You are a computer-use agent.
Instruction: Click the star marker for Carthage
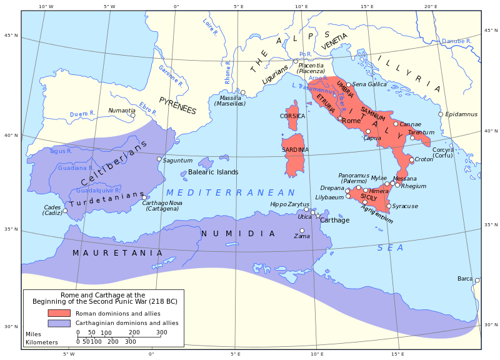click(318, 216)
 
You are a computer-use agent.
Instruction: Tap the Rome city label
click(352, 121)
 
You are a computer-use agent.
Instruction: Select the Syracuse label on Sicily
click(405, 206)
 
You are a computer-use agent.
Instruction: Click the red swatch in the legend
click(59, 312)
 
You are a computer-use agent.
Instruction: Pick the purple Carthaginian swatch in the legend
click(59, 323)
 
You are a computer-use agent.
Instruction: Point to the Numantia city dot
click(132, 115)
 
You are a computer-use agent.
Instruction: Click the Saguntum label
click(177, 161)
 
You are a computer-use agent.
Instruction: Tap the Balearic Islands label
click(213, 172)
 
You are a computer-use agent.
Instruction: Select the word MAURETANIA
click(117, 253)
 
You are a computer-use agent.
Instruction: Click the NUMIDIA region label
click(237, 234)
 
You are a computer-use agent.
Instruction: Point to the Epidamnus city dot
click(441, 114)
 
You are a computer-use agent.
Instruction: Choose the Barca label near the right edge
click(465, 279)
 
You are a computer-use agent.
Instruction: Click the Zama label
click(302, 236)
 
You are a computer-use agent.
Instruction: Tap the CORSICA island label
click(292, 116)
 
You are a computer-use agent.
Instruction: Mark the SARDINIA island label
click(295, 150)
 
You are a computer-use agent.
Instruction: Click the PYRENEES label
click(177, 106)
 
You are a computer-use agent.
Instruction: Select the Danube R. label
click(456, 41)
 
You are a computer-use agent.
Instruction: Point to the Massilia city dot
click(243, 92)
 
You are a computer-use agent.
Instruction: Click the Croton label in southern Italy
click(424, 160)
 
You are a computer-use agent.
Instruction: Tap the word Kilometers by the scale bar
click(42, 342)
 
